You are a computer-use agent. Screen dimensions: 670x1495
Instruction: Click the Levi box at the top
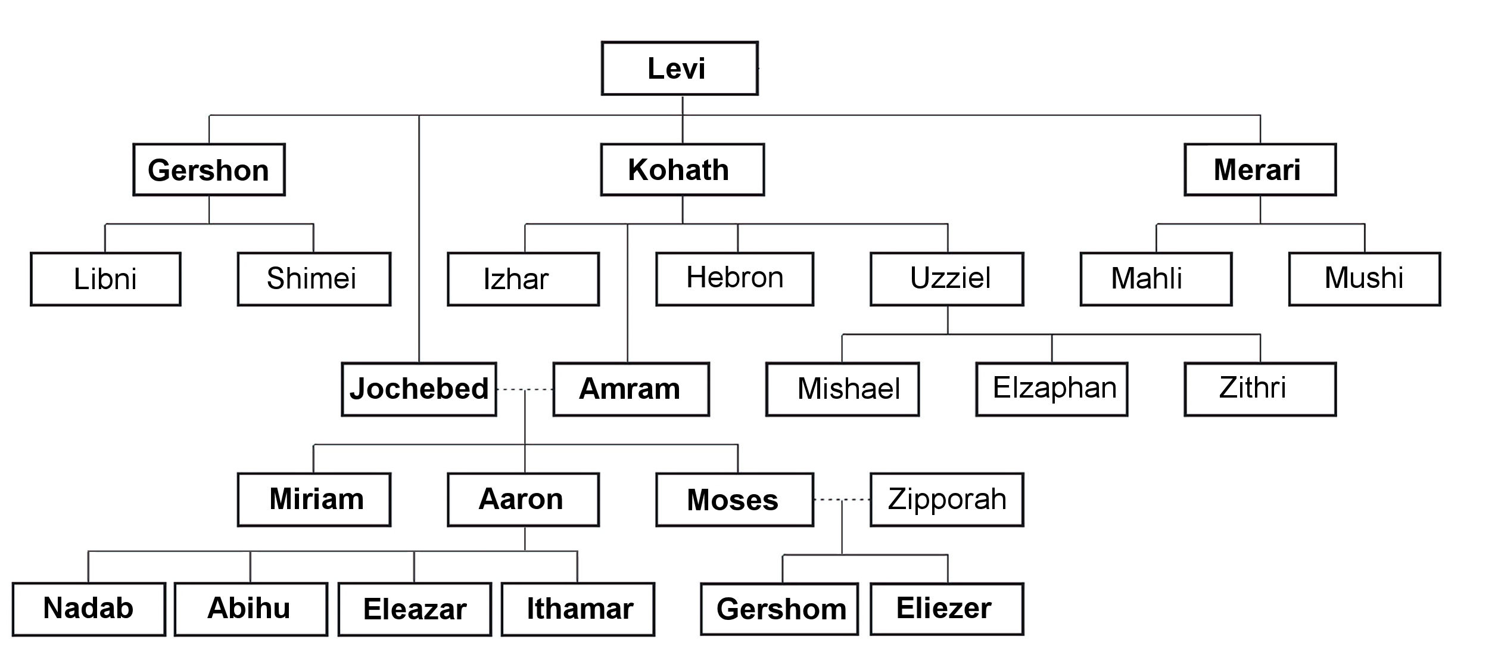pos(680,69)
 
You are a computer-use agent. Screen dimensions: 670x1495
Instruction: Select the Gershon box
pos(209,170)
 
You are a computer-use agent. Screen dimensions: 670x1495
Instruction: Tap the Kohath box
pos(682,170)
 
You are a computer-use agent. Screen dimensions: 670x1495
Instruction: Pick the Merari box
pos(1260,170)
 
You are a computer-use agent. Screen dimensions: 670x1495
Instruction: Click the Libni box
pos(105,279)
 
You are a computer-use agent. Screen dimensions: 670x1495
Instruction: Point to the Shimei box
pos(314,279)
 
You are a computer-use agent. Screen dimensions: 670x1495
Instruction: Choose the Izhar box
pos(523,279)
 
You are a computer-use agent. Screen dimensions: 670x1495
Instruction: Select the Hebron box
pos(734,279)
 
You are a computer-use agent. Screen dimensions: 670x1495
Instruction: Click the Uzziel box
pos(946,279)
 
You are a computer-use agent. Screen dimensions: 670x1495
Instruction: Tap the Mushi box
pos(1365,279)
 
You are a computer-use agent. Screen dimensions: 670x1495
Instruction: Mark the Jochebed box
pos(419,389)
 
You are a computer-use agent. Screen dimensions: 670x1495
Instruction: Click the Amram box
pos(631,389)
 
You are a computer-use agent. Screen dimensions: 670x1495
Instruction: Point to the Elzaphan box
pos(1051,389)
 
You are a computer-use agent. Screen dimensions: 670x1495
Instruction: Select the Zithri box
pos(1260,389)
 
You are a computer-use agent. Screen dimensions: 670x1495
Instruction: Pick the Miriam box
pos(314,500)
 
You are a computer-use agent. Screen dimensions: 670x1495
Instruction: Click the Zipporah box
pos(946,500)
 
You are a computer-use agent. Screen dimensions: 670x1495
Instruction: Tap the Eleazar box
pos(415,609)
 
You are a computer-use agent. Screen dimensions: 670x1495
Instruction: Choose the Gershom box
pos(779,609)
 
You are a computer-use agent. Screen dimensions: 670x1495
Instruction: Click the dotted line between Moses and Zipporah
pos(842,500)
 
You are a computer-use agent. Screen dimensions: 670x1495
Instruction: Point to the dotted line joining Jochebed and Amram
pos(524,390)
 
